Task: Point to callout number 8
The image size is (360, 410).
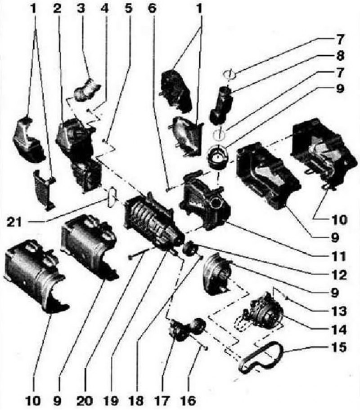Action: [340, 55]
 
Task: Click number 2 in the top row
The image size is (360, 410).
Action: [57, 9]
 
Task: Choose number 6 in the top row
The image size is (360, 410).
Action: [152, 9]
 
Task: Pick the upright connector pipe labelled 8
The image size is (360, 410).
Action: [221, 106]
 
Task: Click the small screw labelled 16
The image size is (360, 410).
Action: [205, 348]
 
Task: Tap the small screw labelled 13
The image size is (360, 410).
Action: [287, 298]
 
